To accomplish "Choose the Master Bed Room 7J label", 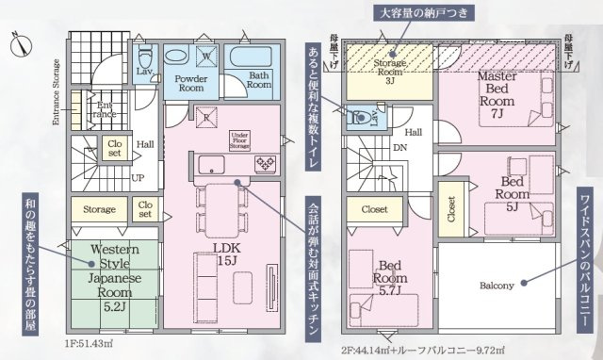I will tap(495, 94).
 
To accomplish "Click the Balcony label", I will tap(497, 286).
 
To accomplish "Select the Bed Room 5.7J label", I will tap(387, 272).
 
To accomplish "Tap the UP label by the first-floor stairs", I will tap(139, 177).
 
